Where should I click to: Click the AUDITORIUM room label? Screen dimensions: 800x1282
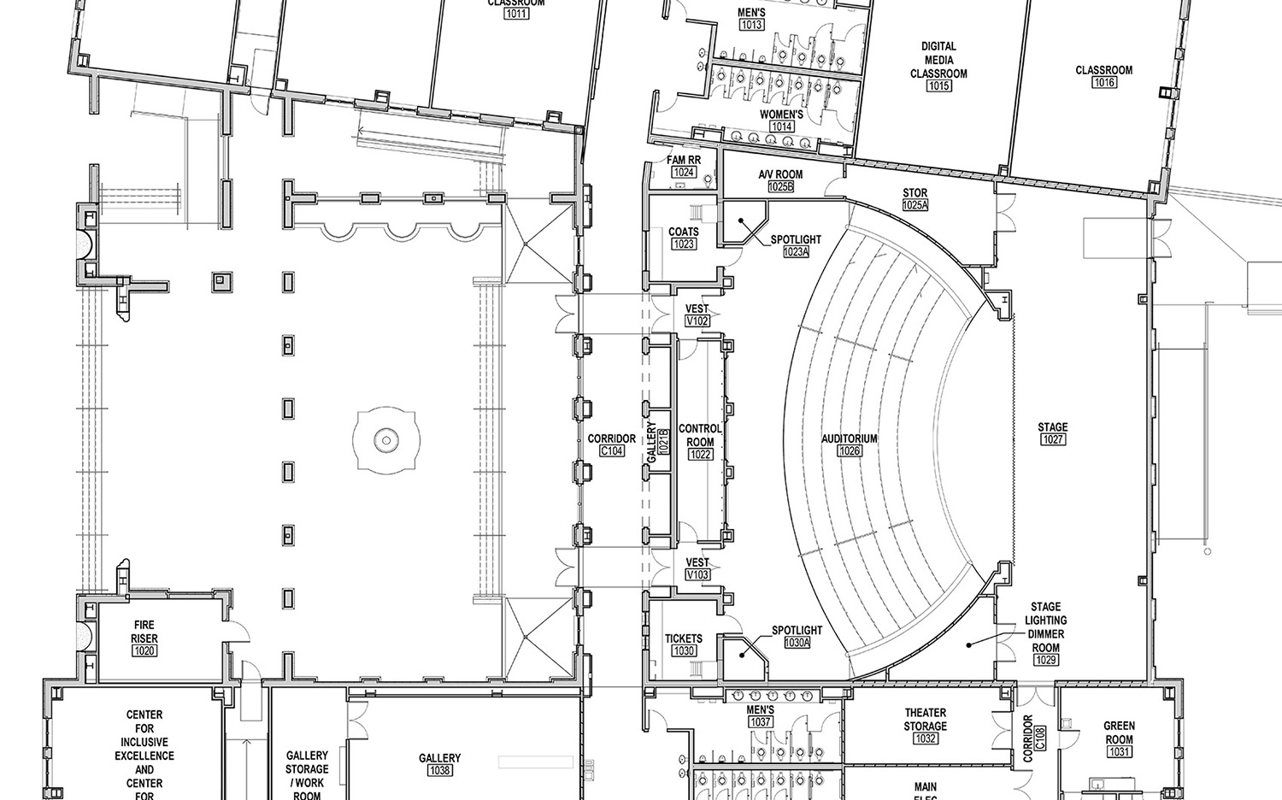click(x=850, y=438)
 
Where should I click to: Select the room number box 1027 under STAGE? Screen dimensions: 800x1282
click(x=1052, y=439)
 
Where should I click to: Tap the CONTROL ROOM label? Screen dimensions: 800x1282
click(x=700, y=435)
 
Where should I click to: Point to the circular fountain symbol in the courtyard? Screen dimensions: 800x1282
click(x=385, y=440)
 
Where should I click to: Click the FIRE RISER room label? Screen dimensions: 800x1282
click(x=144, y=632)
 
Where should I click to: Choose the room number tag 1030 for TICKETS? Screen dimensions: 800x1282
click(x=684, y=650)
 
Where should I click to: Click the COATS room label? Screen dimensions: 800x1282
click(x=684, y=232)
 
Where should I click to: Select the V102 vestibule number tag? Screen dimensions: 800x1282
click(x=697, y=321)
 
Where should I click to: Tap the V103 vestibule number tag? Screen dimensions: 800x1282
click(x=697, y=575)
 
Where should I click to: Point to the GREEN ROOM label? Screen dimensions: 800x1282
click(x=1119, y=732)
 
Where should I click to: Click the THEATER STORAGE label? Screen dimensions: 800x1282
click(x=925, y=719)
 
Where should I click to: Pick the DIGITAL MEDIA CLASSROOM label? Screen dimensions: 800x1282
click(x=938, y=60)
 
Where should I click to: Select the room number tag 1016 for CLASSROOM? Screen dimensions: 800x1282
click(x=1103, y=83)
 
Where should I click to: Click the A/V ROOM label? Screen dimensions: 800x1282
click(x=780, y=174)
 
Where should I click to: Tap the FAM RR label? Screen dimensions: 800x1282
click(x=684, y=160)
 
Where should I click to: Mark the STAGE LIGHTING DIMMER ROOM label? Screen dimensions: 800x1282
click(x=1046, y=626)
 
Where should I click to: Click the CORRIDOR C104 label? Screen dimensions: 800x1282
click(x=612, y=438)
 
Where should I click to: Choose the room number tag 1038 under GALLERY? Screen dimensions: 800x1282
click(x=440, y=770)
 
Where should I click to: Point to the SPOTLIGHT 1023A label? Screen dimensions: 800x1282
click(x=796, y=240)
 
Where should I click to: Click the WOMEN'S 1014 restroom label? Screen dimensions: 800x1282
click(x=781, y=115)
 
